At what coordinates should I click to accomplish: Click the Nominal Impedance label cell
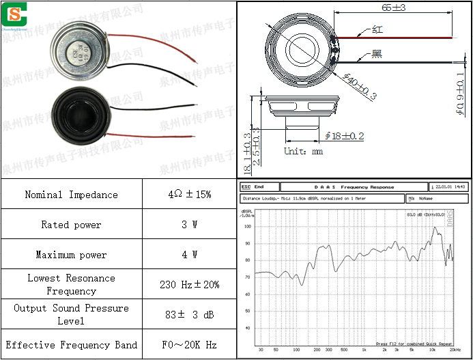72,195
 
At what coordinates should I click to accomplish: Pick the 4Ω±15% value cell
189,195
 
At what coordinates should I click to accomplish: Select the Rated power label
72,225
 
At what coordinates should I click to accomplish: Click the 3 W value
189,225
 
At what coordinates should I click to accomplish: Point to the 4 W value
189,255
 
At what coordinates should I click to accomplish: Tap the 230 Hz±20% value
189,284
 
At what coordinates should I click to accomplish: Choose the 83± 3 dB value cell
189,314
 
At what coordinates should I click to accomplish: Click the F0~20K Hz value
189,345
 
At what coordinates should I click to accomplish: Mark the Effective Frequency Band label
72,345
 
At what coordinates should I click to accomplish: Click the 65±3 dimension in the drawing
393,8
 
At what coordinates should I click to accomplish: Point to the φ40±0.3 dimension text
359,87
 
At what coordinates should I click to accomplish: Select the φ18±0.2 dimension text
345,136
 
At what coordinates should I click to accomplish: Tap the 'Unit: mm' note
304,151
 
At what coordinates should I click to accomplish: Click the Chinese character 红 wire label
377,29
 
